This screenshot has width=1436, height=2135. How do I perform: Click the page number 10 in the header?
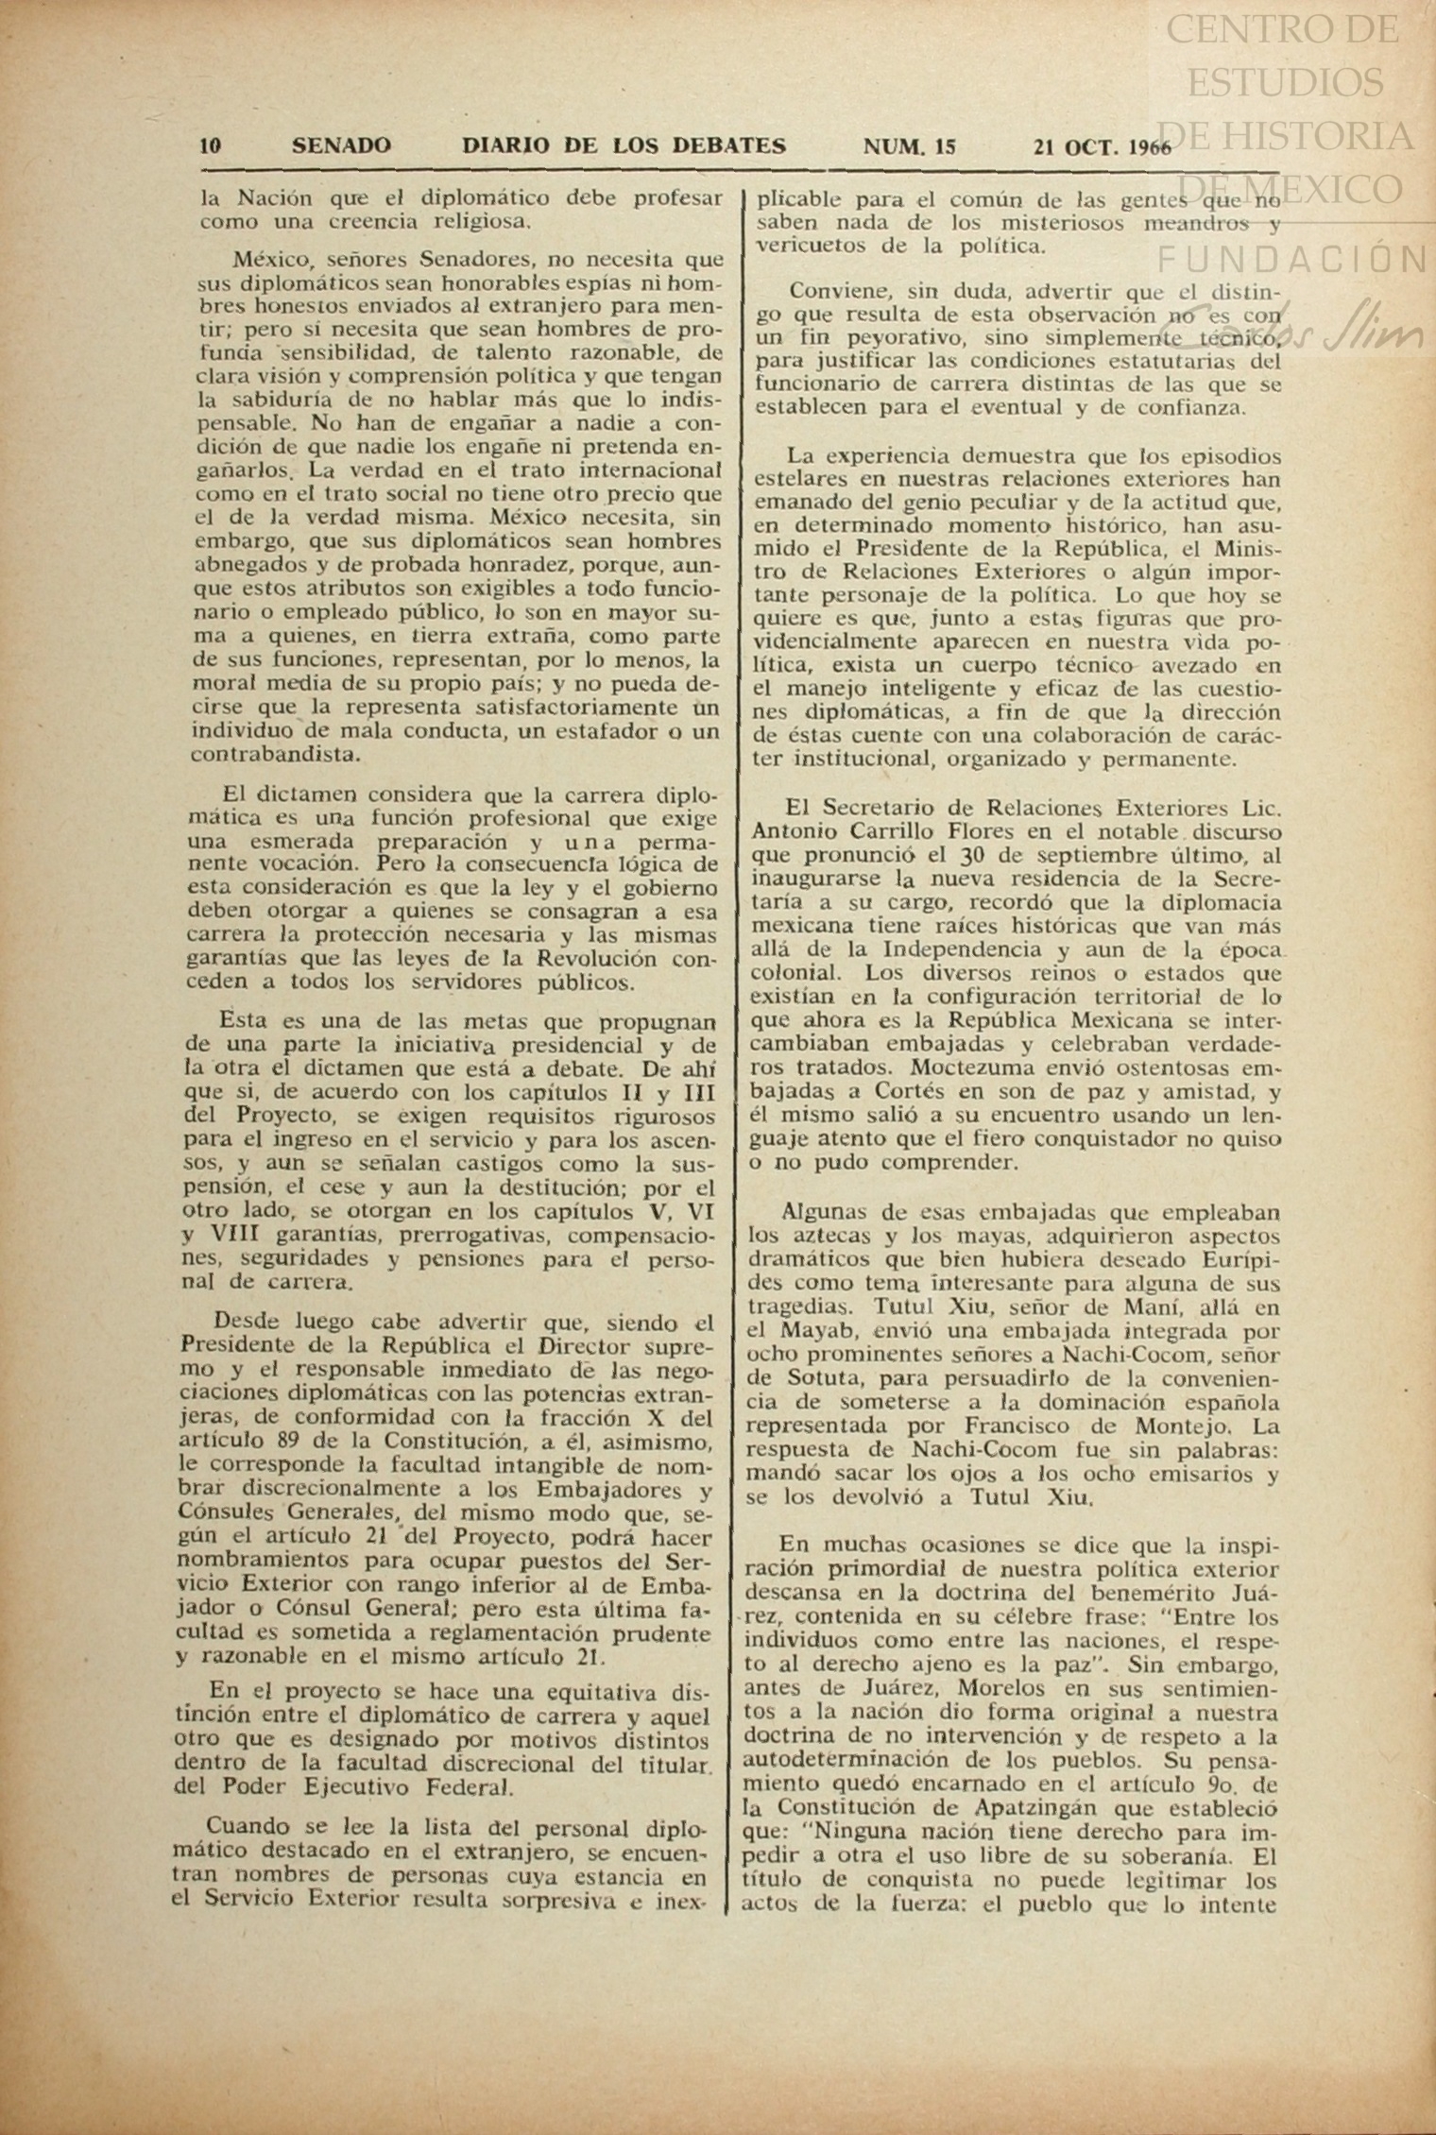(x=210, y=146)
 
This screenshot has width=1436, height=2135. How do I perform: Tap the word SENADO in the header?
(x=341, y=146)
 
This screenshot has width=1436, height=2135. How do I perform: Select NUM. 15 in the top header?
(x=910, y=146)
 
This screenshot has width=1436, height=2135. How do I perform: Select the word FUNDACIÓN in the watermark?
(x=1291, y=257)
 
